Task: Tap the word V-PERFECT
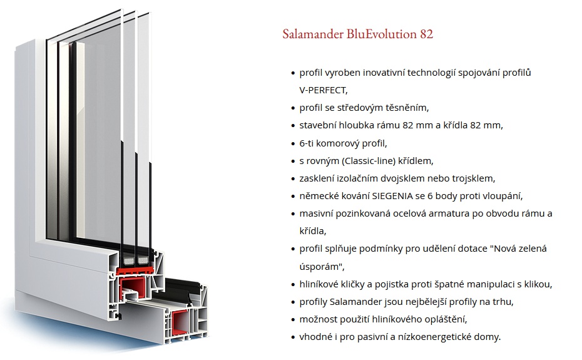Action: coord(323,90)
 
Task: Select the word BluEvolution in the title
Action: coord(378,34)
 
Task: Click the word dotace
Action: coord(472,249)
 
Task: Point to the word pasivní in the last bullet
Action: coord(375,337)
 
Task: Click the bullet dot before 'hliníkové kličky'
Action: coord(293,285)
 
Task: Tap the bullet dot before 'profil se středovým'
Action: coord(293,108)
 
